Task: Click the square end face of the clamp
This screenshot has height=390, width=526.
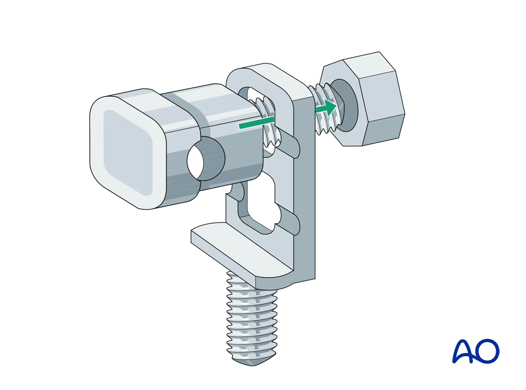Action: click(127, 151)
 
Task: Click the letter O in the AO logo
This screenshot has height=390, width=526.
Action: click(487, 351)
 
